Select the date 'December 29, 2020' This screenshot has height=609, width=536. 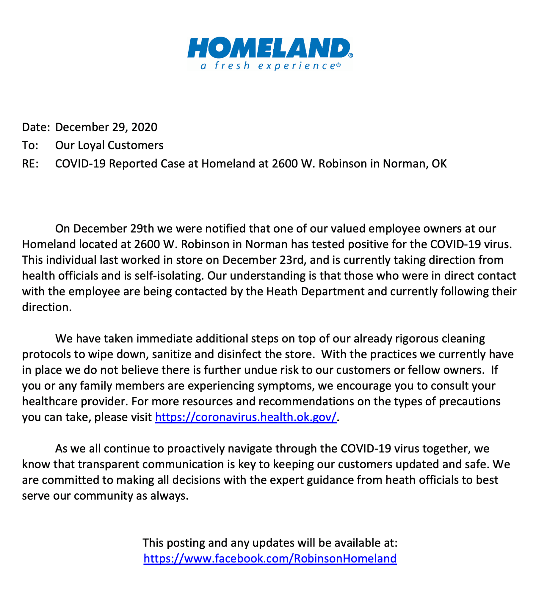106,127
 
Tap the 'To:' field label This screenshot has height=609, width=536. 30,145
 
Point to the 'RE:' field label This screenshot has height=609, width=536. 30,164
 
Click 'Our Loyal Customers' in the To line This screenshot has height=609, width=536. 109,145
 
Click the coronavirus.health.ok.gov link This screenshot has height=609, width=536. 246,417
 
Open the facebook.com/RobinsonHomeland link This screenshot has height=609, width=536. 270,558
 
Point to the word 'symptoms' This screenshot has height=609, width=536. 286,386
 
